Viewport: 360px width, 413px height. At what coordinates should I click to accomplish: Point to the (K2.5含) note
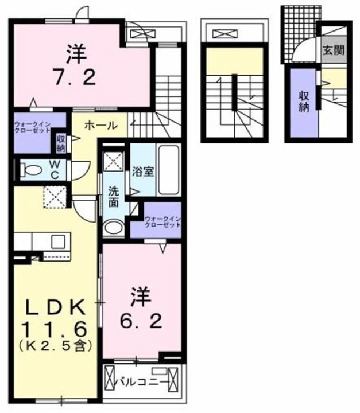55,346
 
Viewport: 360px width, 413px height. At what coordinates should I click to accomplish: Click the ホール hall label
101,126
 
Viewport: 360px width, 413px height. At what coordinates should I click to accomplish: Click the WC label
59,170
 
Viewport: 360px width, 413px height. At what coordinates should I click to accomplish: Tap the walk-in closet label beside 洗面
163,221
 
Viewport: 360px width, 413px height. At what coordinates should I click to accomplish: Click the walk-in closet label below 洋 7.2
32,127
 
